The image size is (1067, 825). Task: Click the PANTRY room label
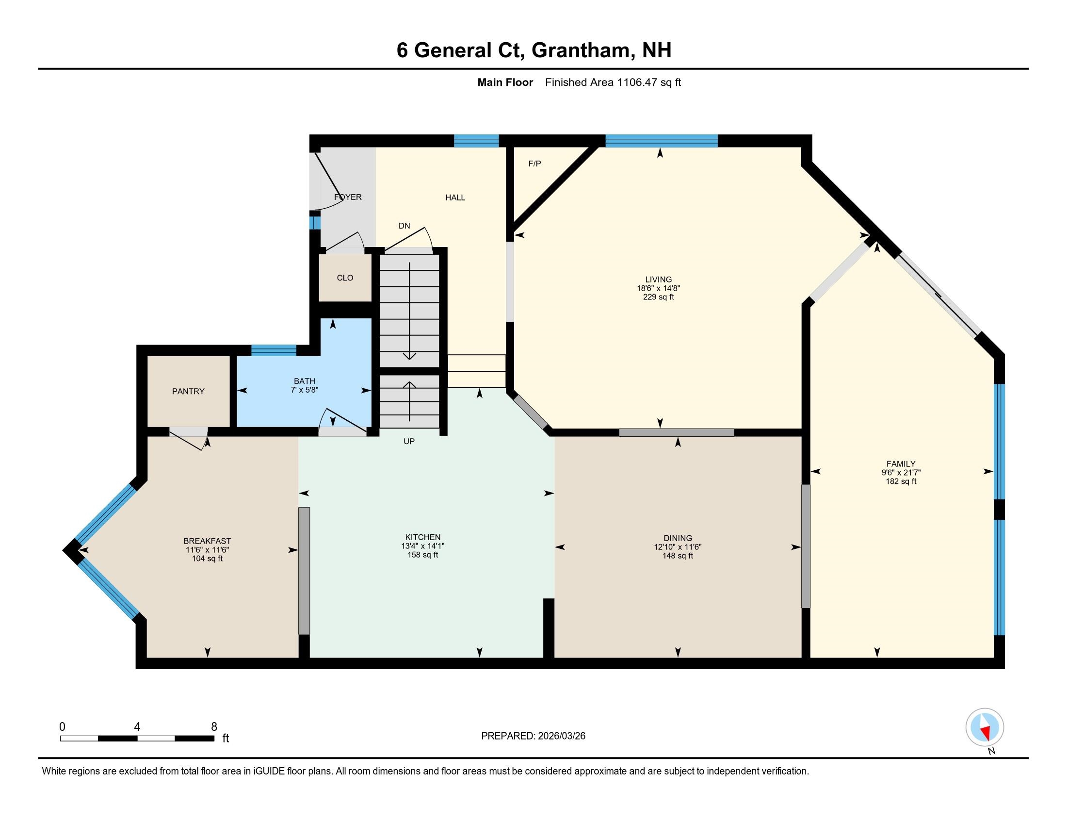tap(188, 391)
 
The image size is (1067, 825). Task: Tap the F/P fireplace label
tap(534, 164)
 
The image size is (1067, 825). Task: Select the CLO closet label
tap(345, 278)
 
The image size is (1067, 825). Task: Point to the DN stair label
tap(404, 226)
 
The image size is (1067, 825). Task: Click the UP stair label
tap(409, 441)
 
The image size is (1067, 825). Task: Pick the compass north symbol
tap(985, 728)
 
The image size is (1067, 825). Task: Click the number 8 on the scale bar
tap(214, 727)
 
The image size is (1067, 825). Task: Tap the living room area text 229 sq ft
tap(658, 297)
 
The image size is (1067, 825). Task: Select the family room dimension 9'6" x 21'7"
tap(901, 473)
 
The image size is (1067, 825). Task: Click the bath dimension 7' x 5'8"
tap(305, 390)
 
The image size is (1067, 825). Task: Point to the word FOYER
tap(348, 197)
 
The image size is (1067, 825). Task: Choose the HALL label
tap(455, 198)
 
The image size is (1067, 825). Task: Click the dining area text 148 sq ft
tap(678, 556)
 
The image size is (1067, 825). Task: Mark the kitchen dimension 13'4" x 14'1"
tap(422, 546)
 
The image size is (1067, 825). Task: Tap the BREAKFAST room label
tap(207, 541)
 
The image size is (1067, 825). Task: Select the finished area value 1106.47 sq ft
tap(649, 82)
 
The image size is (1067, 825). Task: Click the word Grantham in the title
tap(581, 50)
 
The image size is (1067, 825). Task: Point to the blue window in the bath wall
tap(274, 350)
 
